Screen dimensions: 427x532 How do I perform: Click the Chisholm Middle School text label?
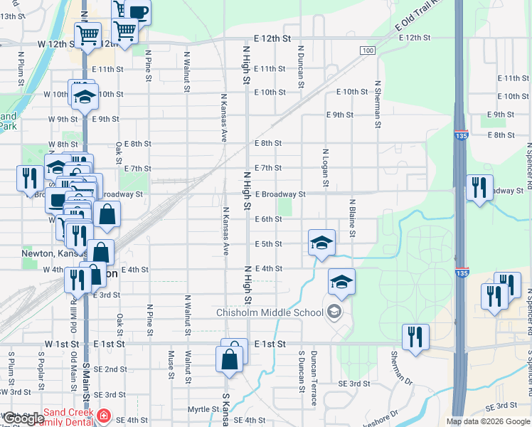(270, 312)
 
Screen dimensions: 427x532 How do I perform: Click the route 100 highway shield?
(367, 51)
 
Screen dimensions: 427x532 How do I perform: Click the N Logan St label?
(325, 169)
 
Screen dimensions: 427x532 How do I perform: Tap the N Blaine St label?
(351, 218)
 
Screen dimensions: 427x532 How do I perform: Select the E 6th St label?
(269, 219)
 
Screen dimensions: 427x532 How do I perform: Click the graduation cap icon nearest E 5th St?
(321, 243)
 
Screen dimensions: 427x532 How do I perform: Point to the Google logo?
(23, 419)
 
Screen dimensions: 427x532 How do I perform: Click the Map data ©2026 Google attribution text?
(487, 421)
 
